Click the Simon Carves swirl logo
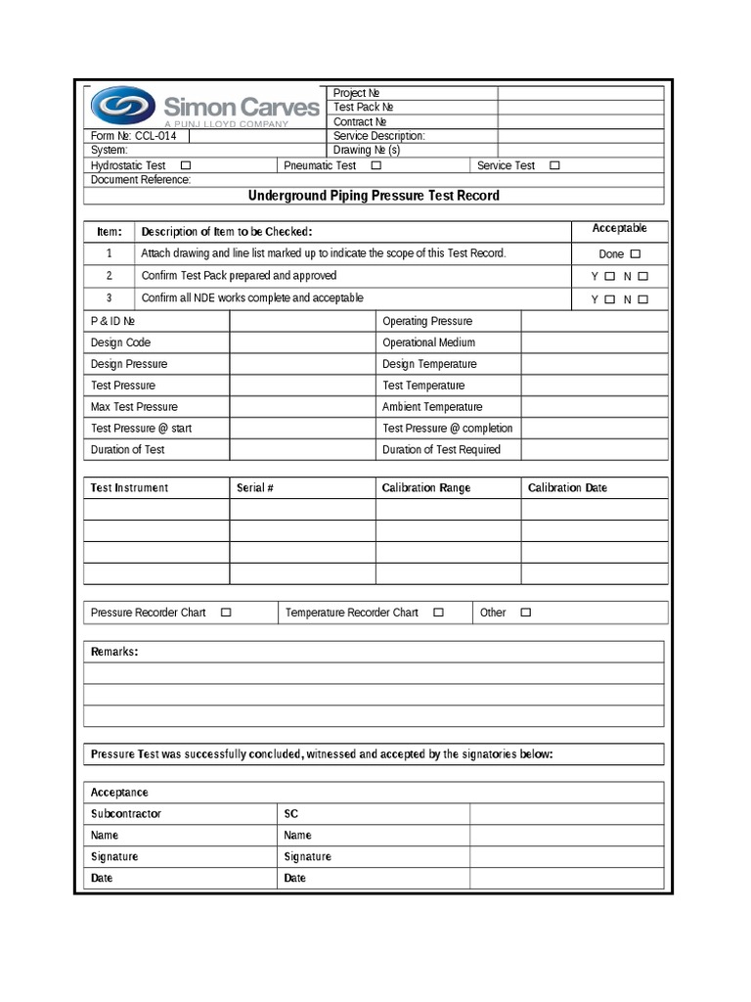[x=123, y=105]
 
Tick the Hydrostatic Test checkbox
[x=186, y=166]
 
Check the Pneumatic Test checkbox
[x=375, y=166]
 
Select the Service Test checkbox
[x=554, y=166]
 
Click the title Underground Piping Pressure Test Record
[x=374, y=196]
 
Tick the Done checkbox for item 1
[x=636, y=253]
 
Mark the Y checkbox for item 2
[x=610, y=277]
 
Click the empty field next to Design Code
[x=302, y=342]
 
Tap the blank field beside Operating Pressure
[x=594, y=321]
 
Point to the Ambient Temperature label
[x=432, y=407]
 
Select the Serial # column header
[x=254, y=487]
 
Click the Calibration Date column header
[x=567, y=487]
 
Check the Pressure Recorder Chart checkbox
[x=226, y=613]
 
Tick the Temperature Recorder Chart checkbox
[x=438, y=613]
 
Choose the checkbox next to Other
[x=525, y=613]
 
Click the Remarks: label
[x=114, y=652]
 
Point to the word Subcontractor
[x=126, y=814]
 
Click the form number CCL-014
[x=155, y=137]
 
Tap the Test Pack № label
[x=363, y=108]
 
